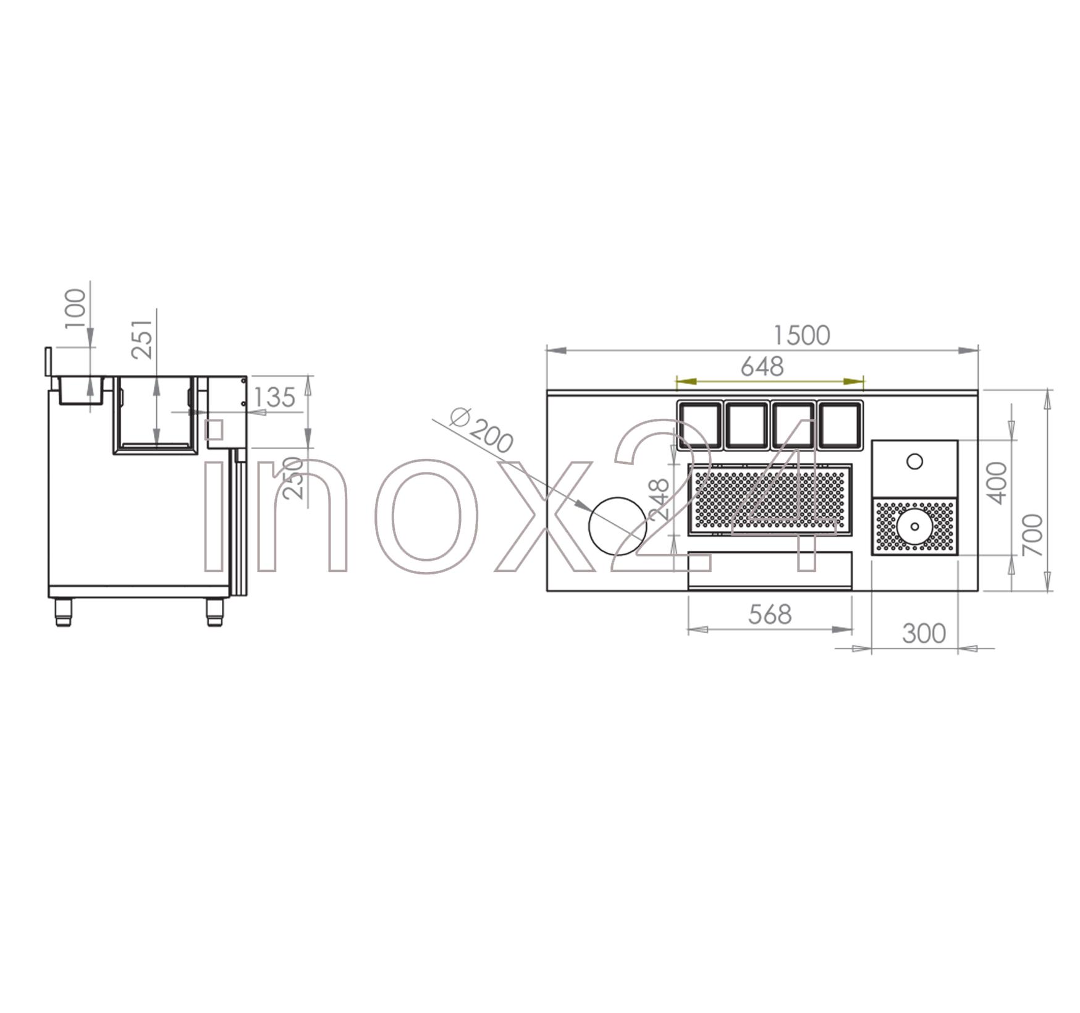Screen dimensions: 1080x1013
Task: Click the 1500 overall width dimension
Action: click(x=802, y=335)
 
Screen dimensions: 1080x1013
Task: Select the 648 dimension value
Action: click(x=762, y=367)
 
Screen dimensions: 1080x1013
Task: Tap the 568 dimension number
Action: click(x=770, y=615)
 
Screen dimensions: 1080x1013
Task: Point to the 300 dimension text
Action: click(x=924, y=633)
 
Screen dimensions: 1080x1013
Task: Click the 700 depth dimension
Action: click(x=1033, y=535)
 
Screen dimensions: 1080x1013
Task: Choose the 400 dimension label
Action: click(x=996, y=482)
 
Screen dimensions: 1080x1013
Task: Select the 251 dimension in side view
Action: click(x=143, y=338)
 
